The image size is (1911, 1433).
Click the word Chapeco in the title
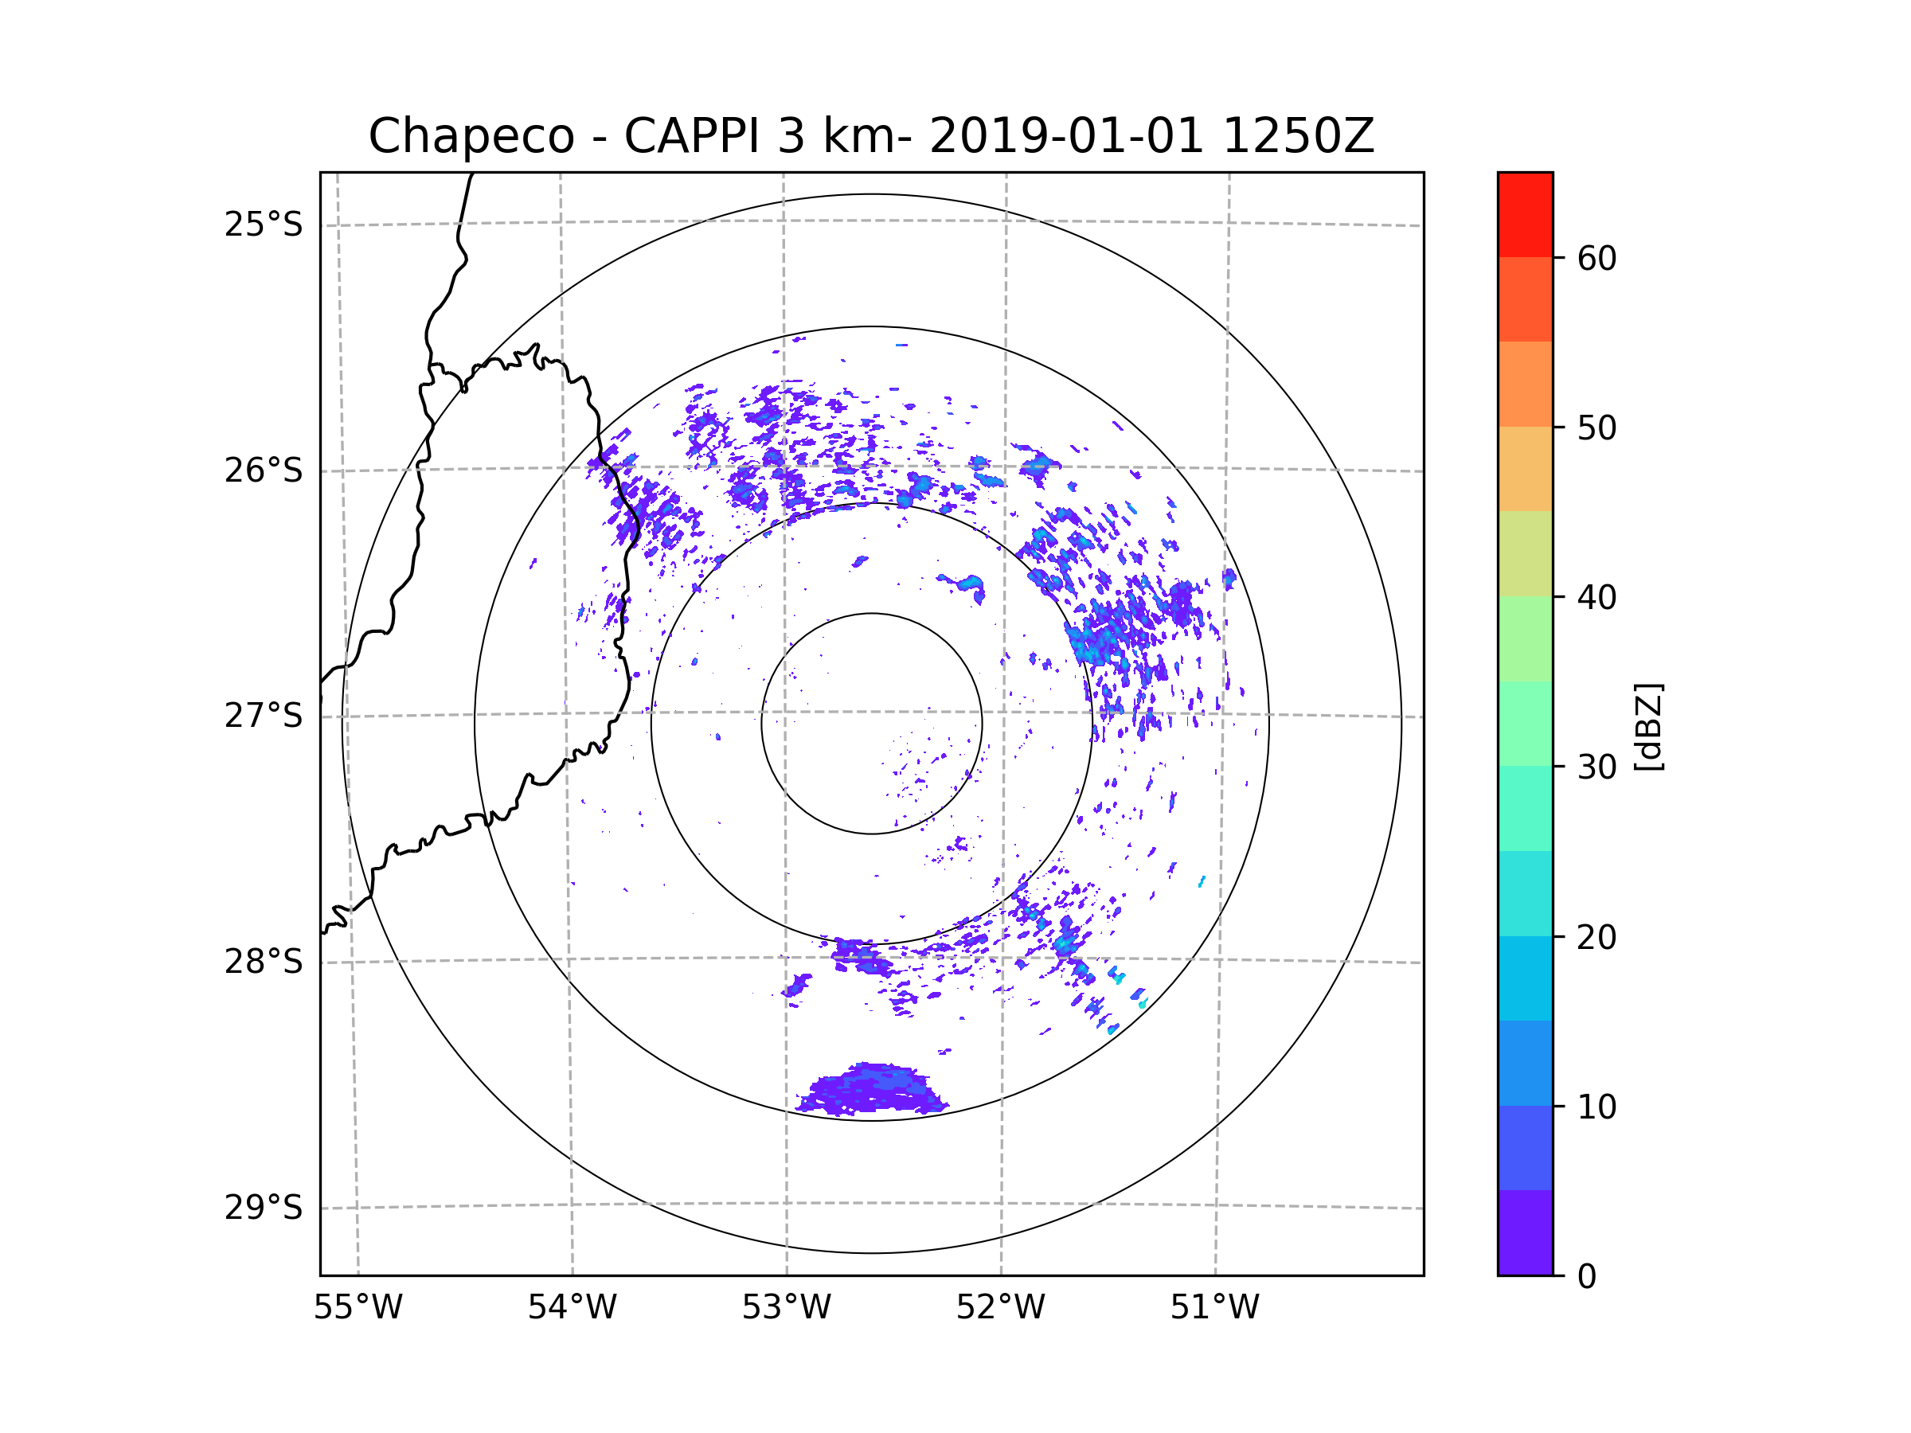(471, 136)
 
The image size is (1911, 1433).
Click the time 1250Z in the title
(1298, 136)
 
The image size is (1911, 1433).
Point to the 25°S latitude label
(264, 225)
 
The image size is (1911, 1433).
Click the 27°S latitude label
(264, 716)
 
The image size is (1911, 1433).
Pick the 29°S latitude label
(264, 1208)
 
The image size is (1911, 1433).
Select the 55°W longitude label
(358, 1308)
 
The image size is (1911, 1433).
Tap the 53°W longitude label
(786, 1308)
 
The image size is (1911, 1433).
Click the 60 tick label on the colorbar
(1596, 258)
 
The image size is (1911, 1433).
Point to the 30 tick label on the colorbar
(1596, 767)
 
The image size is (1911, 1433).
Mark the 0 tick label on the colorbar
(1587, 1276)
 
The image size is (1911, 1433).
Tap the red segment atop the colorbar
(1525, 214)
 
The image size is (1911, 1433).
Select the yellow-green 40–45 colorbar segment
(1525, 553)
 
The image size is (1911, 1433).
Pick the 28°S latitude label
(264, 962)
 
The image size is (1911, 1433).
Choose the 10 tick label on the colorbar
(1596, 1107)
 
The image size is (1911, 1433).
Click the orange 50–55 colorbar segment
(1525, 384)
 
